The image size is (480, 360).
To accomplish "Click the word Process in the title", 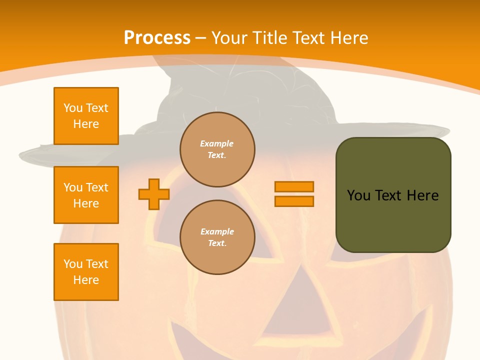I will tap(157, 38).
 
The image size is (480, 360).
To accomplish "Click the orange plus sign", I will tap(154, 194).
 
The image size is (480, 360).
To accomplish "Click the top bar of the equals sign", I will tap(294, 186).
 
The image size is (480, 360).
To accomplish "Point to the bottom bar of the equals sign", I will tap(294, 201).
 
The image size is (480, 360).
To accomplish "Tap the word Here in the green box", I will tap(422, 195).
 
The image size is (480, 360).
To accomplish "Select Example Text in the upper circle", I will tap(217, 149).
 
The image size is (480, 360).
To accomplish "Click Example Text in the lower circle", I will tap(217, 237).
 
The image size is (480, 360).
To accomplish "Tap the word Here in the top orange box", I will tap(86, 124).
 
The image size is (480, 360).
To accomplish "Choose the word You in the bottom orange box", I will tap(73, 264).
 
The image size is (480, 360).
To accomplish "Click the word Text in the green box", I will tap(389, 195).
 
